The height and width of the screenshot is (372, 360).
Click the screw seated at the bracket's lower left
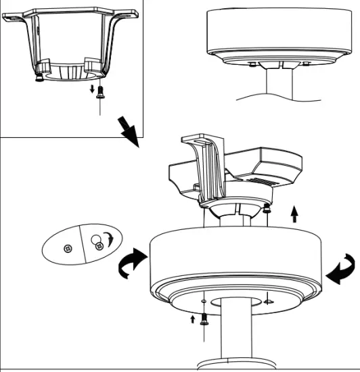tap(40, 77)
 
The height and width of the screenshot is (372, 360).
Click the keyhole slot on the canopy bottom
tap(268, 302)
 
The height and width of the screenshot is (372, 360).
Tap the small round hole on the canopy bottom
tap(203, 300)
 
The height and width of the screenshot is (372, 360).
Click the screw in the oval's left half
tap(67, 249)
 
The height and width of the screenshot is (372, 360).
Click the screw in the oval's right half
tap(99, 246)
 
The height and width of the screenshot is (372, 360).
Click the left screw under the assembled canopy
tap(252, 65)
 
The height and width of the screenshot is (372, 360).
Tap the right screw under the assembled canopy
tap(307, 65)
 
